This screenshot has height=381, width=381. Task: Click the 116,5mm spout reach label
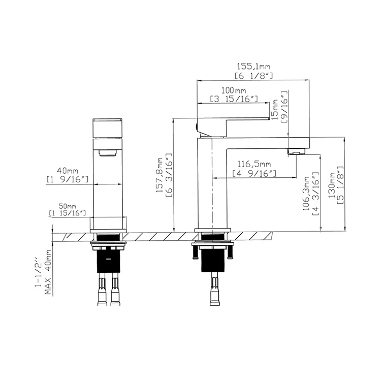point(255,164)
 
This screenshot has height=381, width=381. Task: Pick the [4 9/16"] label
point(255,174)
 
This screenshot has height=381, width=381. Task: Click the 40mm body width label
point(68,170)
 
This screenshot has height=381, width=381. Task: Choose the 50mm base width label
point(67,206)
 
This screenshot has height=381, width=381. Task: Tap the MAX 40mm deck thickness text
point(49,272)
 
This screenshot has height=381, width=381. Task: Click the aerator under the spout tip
point(296,151)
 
